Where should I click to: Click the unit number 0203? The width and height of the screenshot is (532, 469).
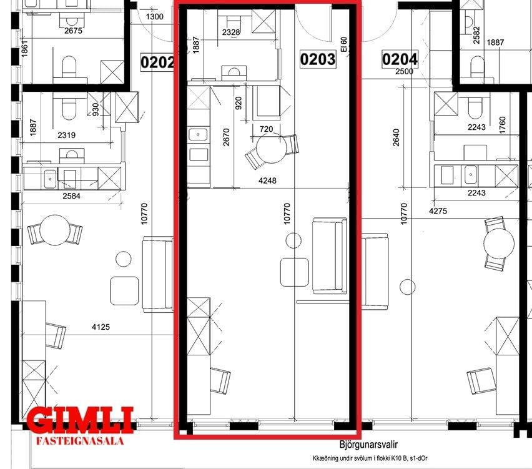(x=318, y=59)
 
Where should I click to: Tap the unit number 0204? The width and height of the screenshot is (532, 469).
(x=400, y=59)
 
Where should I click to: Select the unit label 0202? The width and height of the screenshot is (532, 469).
(x=157, y=62)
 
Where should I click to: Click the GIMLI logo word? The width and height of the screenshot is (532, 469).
(x=80, y=420)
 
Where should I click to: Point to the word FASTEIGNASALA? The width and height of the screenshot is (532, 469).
(x=80, y=441)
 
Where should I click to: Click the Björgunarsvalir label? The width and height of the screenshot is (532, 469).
(x=368, y=444)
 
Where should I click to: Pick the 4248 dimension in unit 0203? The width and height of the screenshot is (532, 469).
(x=267, y=180)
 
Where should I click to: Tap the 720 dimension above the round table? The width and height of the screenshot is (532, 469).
(x=266, y=129)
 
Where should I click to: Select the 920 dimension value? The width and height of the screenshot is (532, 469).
(x=239, y=103)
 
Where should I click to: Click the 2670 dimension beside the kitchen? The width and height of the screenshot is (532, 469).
(x=226, y=137)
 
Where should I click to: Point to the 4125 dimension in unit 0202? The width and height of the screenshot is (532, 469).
(x=101, y=327)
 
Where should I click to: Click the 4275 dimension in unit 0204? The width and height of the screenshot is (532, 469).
(x=438, y=211)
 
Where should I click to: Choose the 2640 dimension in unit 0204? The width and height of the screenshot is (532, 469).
(x=396, y=137)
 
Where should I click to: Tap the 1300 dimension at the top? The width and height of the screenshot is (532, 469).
(x=155, y=16)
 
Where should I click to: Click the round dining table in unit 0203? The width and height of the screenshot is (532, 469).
(x=272, y=148)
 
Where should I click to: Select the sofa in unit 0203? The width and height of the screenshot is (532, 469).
(x=330, y=256)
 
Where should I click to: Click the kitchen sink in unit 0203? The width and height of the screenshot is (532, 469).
(x=199, y=135)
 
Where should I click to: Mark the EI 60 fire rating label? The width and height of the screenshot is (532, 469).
(x=344, y=44)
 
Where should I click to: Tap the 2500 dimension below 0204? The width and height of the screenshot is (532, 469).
(x=405, y=71)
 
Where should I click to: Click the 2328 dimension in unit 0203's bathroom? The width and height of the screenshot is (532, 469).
(x=231, y=32)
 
